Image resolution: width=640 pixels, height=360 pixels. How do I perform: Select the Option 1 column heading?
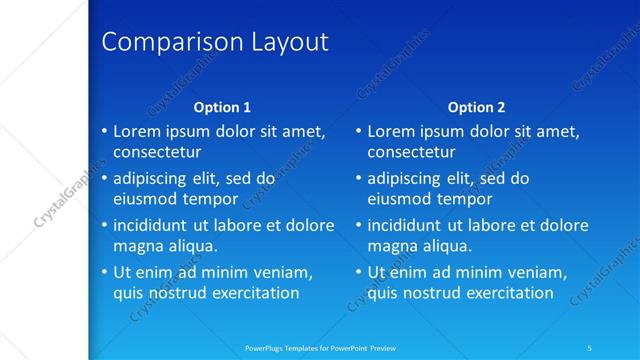coord(222,107)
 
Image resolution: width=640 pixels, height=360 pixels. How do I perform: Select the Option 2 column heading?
coord(477,107)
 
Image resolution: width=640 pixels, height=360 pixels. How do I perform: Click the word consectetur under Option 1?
coord(157,153)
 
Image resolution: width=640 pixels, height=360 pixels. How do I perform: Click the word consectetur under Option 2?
coord(412,153)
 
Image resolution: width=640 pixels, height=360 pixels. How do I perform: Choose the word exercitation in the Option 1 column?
coord(250,293)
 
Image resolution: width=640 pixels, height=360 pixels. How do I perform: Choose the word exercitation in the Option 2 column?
coord(504,293)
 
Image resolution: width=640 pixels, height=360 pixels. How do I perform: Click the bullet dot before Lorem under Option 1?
coord(104,131)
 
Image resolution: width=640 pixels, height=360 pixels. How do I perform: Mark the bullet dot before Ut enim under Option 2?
coord(358,272)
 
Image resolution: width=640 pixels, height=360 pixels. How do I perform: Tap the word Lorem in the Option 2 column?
coord(391,131)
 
